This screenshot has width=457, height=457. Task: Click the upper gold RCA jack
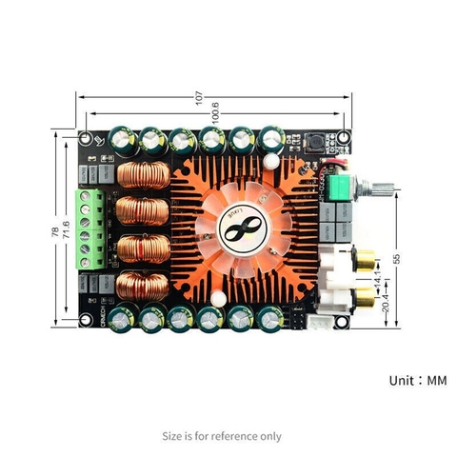365,258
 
